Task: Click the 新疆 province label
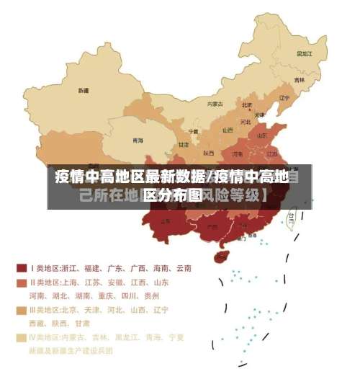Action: (84, 92)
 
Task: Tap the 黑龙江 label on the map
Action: (305, 53)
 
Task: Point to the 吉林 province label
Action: (299, 79)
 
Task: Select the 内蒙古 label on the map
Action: (215, 104)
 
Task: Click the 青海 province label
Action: (138, 141)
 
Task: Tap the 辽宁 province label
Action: (284, 97)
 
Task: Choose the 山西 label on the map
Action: (228, 130)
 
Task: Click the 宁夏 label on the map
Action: (193, 131)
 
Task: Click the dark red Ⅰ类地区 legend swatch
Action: (22, 268)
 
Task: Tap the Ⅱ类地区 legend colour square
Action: (22, 282)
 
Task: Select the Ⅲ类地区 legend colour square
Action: (22, 310)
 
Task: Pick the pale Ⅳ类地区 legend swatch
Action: (22, 337)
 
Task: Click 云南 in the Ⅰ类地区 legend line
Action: (183, 268)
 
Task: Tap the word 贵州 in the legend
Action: (150, 295)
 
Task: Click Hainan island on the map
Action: (222, 254)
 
